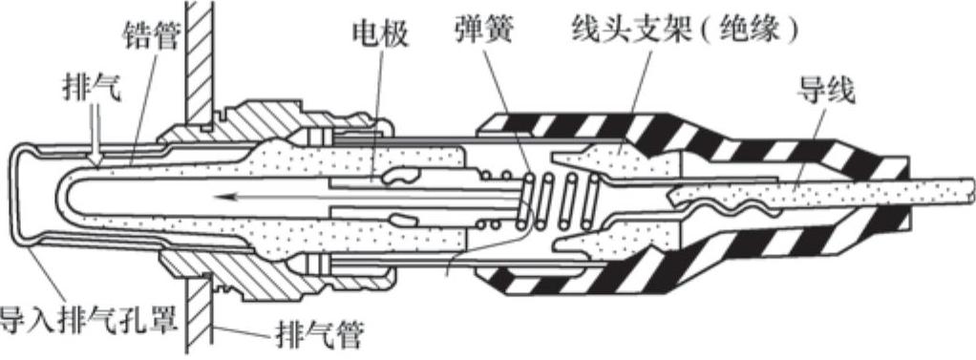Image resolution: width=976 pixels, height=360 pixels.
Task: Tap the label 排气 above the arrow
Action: [x=93, y=89]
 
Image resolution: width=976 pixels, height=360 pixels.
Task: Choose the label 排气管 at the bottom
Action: [x=318, y=338]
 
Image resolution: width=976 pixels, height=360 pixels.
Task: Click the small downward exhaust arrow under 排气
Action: [x=95, y=140]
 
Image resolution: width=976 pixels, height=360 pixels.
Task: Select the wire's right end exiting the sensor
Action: [x=971, y=189]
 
